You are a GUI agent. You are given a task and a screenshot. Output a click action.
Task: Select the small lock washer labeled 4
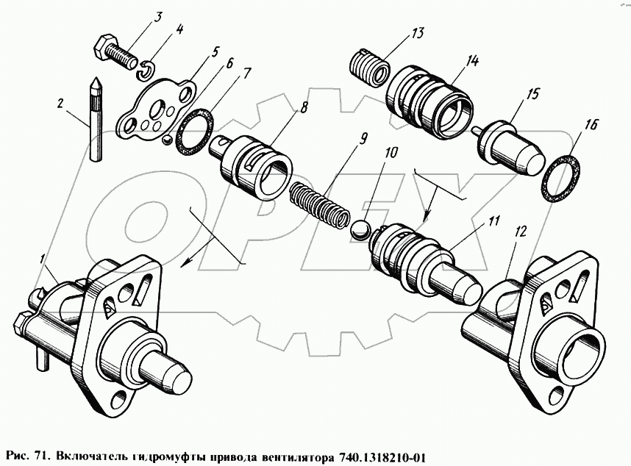click(148, 70)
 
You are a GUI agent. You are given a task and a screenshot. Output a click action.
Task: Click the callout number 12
click(521, 231)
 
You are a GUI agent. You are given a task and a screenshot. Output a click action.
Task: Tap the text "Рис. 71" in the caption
click(24, 454)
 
